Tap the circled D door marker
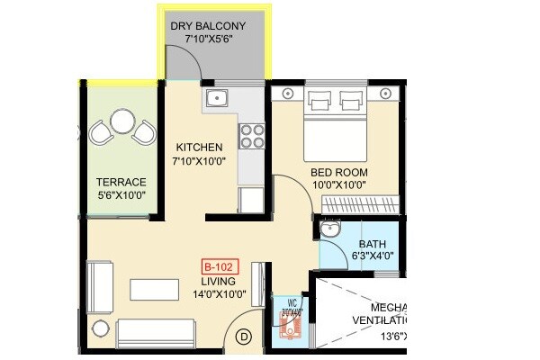point(243,337)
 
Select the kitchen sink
point(218,98)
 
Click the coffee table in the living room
point(154,289)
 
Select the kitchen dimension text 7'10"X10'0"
point(200,161)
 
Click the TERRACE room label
point(121,182)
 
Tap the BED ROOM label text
point(339,172)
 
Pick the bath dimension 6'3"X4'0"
point(373,256)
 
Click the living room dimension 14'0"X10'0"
point(218,294)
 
